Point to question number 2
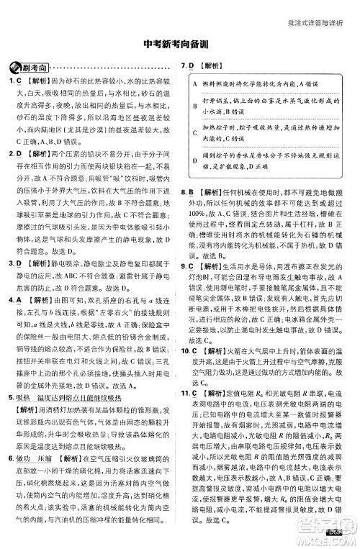tap(10, 153)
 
